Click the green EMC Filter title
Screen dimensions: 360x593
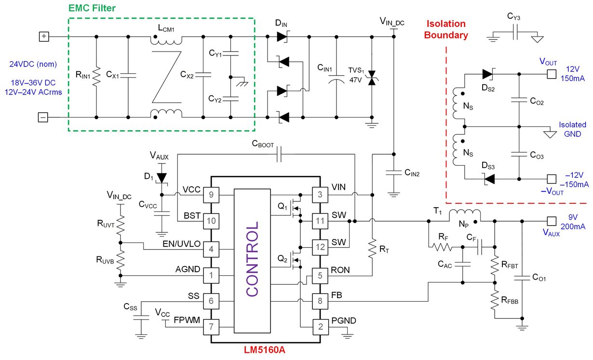[x=92, y=8]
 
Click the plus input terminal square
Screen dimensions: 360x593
[x=44, y=36]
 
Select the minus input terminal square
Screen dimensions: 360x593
[x=44, y=117]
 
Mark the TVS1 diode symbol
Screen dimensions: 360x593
[x=371, y=78]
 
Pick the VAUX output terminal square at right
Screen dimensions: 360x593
[x=551, y=221]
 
